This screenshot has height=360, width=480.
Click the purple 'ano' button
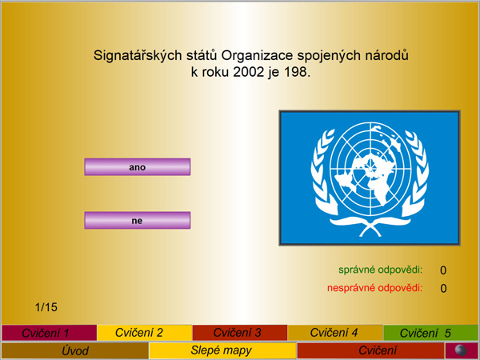pos(138,167)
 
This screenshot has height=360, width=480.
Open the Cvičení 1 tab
pos(49,333)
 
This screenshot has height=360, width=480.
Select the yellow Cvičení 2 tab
pos(145,333)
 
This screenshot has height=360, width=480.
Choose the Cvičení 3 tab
pos(240,333)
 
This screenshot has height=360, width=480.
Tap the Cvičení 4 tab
pos(335,333)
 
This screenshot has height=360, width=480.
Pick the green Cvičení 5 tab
pos(430,333)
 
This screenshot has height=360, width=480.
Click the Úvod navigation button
pos(75,350)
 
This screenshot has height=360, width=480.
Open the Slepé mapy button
pos(222,350)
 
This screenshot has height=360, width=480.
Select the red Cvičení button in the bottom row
pos(370,350)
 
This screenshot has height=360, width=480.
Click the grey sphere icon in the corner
pos(461,350)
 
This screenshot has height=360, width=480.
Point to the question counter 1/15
pos(46,307)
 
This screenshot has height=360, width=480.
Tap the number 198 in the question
pos(296,72)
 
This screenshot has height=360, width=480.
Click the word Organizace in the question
pos(257,56)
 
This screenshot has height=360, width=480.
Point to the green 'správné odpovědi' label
pos(381,270)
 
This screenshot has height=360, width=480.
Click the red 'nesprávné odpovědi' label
pos(375,288)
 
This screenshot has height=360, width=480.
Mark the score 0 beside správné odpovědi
pos(443,270)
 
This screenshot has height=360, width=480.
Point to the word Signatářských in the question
pos(138,56)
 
